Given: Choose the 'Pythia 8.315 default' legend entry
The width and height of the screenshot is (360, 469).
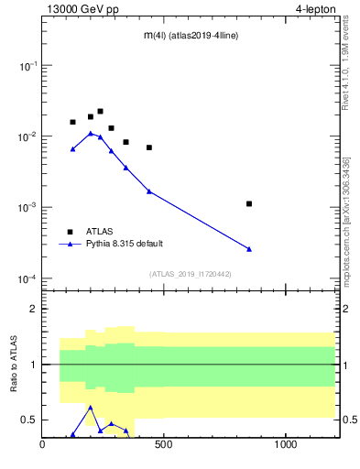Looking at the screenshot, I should (124, 244).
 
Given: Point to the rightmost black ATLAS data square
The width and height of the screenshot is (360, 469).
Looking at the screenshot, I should (249, 203).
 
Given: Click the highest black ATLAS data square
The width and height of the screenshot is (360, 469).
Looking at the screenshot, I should (100, 111).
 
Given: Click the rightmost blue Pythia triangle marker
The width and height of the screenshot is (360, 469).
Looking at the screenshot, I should (249, 249).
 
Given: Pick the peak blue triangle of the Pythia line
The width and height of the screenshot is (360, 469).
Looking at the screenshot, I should (91, 133).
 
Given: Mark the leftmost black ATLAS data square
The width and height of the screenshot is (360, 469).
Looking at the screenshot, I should (73, 122).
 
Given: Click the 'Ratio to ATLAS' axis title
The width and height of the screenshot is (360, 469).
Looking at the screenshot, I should (14, 364).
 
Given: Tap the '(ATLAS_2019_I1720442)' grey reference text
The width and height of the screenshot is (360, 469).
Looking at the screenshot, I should (190, 274).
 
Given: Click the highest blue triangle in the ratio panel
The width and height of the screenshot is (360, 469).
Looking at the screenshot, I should (91, 407).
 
